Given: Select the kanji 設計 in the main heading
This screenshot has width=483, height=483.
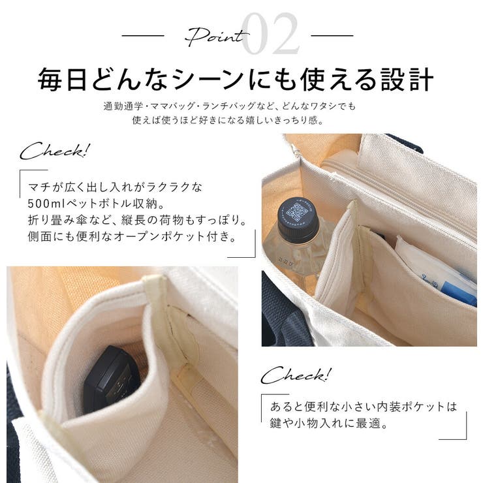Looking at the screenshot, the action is [407, 80].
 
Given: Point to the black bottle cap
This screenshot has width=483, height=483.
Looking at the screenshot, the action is [298, 219].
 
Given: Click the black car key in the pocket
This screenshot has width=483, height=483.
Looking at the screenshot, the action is [112, 379].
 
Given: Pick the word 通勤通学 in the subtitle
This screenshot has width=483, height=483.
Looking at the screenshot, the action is [123, 106].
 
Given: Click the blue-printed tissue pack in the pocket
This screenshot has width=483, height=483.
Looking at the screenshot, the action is [437, 271].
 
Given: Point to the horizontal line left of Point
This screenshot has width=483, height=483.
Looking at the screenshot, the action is [143, 36].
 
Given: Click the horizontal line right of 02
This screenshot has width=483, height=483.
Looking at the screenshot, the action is [332, 36].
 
